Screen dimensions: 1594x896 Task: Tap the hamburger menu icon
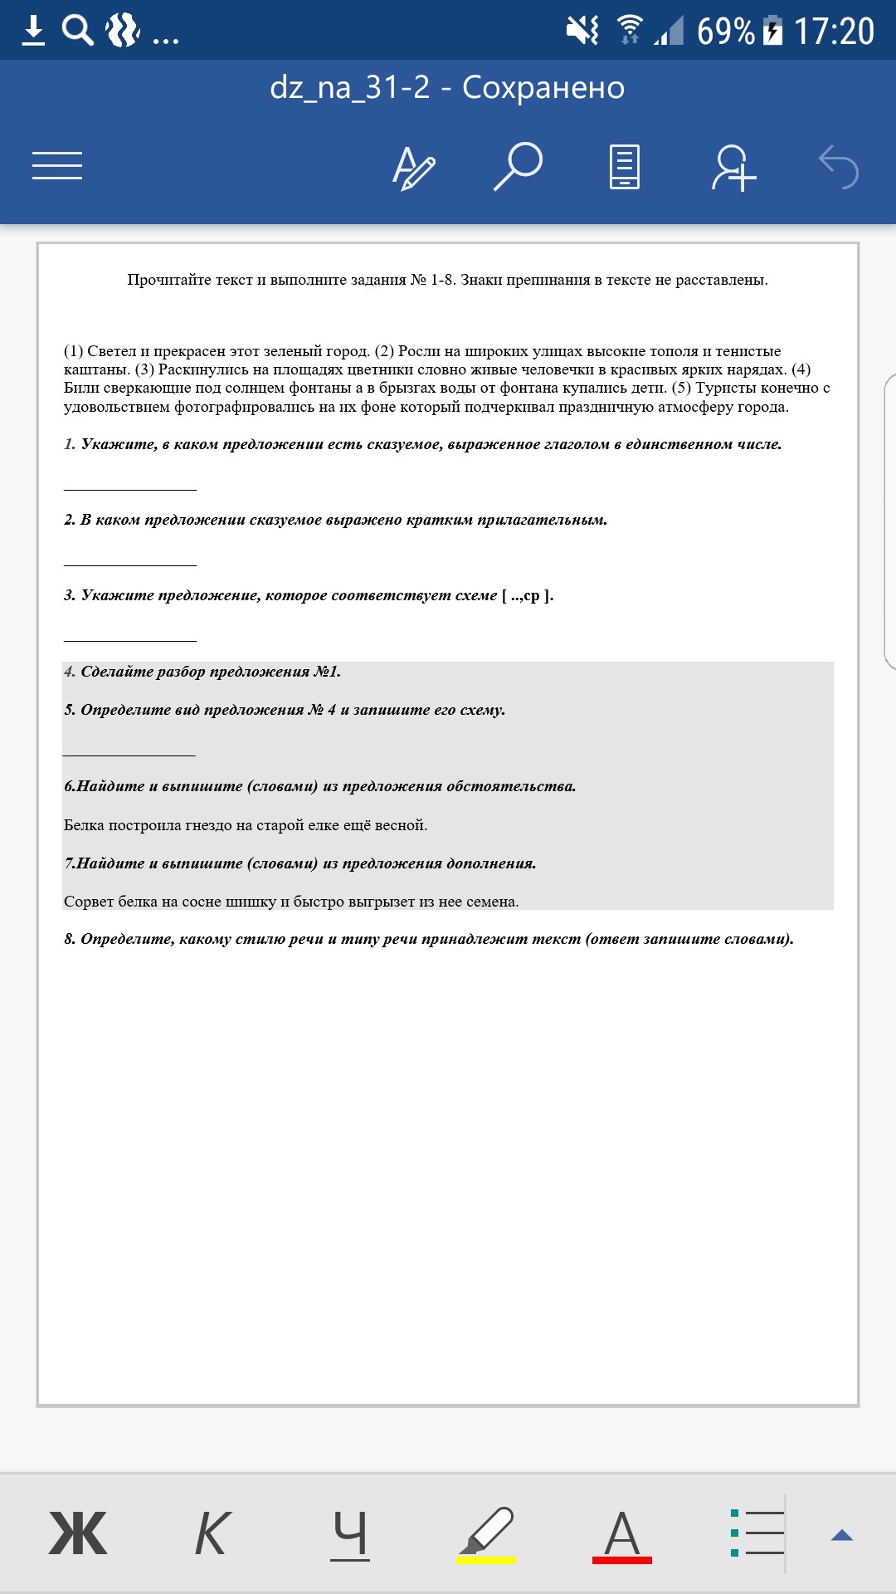(57, 165)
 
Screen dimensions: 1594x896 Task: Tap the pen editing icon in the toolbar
(413, 168)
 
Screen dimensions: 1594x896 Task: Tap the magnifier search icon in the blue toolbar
(519, 166)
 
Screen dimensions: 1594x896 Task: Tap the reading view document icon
(624, 167)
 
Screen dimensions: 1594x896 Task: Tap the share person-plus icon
(733, 168)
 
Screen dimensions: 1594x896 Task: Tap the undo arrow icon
(838, 167)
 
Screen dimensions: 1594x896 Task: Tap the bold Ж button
(78, 1533)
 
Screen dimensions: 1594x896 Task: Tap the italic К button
(212, 1533)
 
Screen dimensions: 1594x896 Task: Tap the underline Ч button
(349, 1533)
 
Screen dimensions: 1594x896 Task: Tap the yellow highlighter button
(486, 1533)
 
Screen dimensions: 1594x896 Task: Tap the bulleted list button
(757, 1533)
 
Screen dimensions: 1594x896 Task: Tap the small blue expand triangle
(842, 1535)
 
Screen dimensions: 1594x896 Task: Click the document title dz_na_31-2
(349, 87)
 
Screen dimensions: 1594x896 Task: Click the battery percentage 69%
(725, 32)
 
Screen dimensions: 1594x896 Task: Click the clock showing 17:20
(834, 32)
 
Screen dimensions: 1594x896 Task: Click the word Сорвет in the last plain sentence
(89, 902)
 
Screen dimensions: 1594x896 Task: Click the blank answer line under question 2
(130, 564)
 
